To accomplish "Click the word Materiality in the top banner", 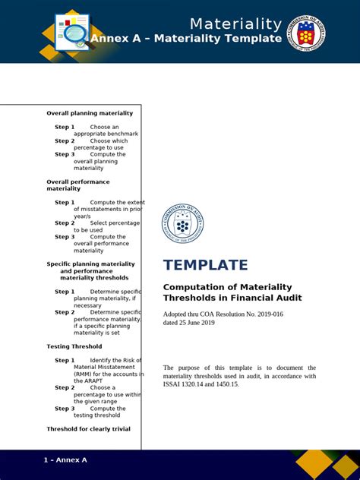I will click(235, 24).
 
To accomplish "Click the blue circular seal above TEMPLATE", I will click(182, 225).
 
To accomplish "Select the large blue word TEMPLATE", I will click(205, 265).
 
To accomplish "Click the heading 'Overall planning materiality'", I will click(90, 113).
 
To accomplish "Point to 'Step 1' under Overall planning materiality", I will click(65, 127).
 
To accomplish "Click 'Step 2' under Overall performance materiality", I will click(65, 223).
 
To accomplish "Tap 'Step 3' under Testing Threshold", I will click(65, 409).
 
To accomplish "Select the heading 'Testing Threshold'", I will click(74, 346).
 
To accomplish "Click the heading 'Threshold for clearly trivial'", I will click(88, 429).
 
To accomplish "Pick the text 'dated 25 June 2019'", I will click(189, 323).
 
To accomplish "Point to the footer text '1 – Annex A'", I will click(65, 460).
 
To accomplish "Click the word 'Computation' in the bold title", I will click(195, 287).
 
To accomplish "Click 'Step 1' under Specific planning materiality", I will click(65, 292).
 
